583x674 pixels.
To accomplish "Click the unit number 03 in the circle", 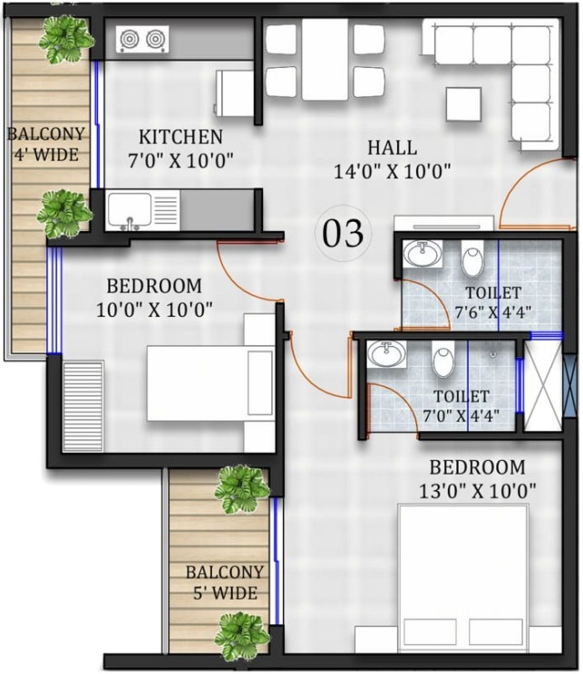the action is pos(343,233).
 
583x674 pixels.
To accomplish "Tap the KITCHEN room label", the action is pos(180,137).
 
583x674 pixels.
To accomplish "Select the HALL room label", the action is pos(392,148).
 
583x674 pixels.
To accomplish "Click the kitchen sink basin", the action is pos(130,209).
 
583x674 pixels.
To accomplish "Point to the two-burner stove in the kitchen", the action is pos(142,40).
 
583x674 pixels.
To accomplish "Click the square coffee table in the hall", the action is pos(463,104).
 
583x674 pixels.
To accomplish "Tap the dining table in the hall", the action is pos(325,59).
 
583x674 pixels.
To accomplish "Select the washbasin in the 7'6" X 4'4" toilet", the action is pos(423,254).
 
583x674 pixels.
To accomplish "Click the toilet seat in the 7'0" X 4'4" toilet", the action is pos(443,358).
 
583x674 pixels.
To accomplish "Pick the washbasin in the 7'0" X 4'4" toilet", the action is pos(387,354).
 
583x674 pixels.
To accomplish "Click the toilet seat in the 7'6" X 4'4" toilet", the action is pos(472,259).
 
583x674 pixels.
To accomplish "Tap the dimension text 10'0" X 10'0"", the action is pos(154,310).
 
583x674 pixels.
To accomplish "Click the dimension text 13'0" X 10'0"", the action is pos(478,490).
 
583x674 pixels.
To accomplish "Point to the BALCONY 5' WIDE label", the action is pos(225,583).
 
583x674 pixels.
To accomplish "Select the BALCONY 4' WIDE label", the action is pos(46,143).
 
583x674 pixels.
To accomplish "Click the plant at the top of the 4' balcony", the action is pos(66,39).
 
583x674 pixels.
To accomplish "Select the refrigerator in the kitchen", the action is pos(235,93).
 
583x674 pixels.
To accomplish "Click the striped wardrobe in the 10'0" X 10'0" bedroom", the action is pos(83,406).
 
